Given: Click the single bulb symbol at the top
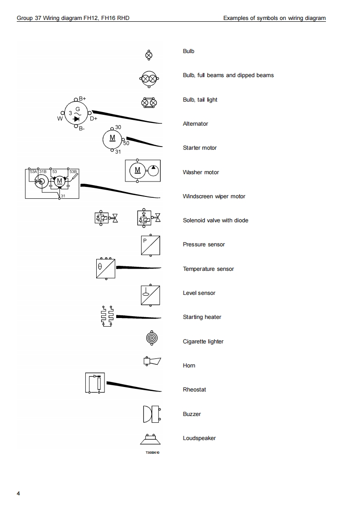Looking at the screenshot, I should click(x=148, y=55).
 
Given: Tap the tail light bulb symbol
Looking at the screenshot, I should click(x=149, y=103).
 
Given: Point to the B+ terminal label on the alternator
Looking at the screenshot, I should click(x=83, y=98).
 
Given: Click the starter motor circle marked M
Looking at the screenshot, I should click(x=113, y=138).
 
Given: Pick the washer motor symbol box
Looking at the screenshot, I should click(x=143, y=171).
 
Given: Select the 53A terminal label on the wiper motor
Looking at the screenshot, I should click(x=33, y=172).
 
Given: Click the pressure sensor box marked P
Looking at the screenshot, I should click(x=151, y=245).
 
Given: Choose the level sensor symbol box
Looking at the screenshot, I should click(x=151, y=294).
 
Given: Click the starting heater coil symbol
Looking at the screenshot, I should click(x=107, y=316).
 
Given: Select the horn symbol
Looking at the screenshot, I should click(x=152, y=361).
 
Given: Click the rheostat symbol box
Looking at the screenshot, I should click(x=95, y=383).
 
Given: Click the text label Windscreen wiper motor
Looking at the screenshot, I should click(x=214, y=196).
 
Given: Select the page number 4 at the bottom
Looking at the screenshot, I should click(x=18, y=493).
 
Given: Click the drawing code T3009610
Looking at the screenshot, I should click(x=153, y=453).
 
